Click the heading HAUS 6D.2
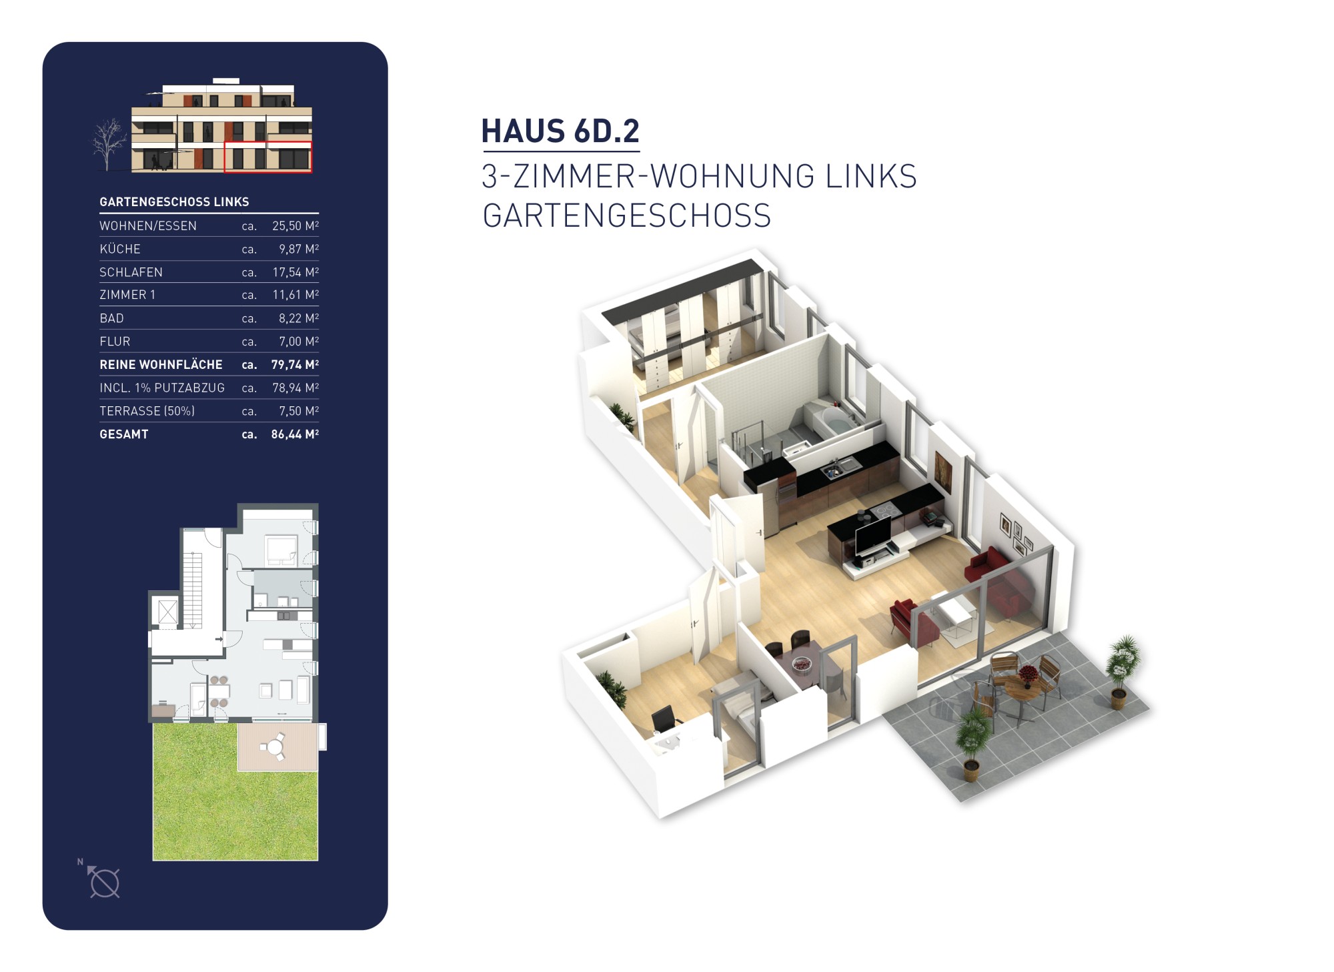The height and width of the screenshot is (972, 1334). coord(560,131)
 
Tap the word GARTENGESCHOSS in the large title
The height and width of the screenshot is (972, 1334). coord(626,216)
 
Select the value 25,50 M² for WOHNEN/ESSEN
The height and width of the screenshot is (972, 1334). coord(295,225)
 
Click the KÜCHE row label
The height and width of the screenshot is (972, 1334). coord(120,249)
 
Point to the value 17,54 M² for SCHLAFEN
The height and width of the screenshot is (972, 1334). coord(295,272)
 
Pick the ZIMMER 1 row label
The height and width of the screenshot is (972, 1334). coord(127,295)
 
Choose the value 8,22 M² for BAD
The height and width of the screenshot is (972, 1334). coord(299,318)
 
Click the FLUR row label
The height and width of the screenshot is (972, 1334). coord(115,342)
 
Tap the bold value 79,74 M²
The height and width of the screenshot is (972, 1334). coord(295,364)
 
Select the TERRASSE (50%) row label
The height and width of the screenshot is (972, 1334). coord(147,411)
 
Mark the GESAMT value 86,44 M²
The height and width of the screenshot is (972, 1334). coord(295,434)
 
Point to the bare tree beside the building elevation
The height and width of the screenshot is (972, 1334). coord(108,143)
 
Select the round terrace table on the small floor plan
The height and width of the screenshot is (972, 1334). coord(274,747)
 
